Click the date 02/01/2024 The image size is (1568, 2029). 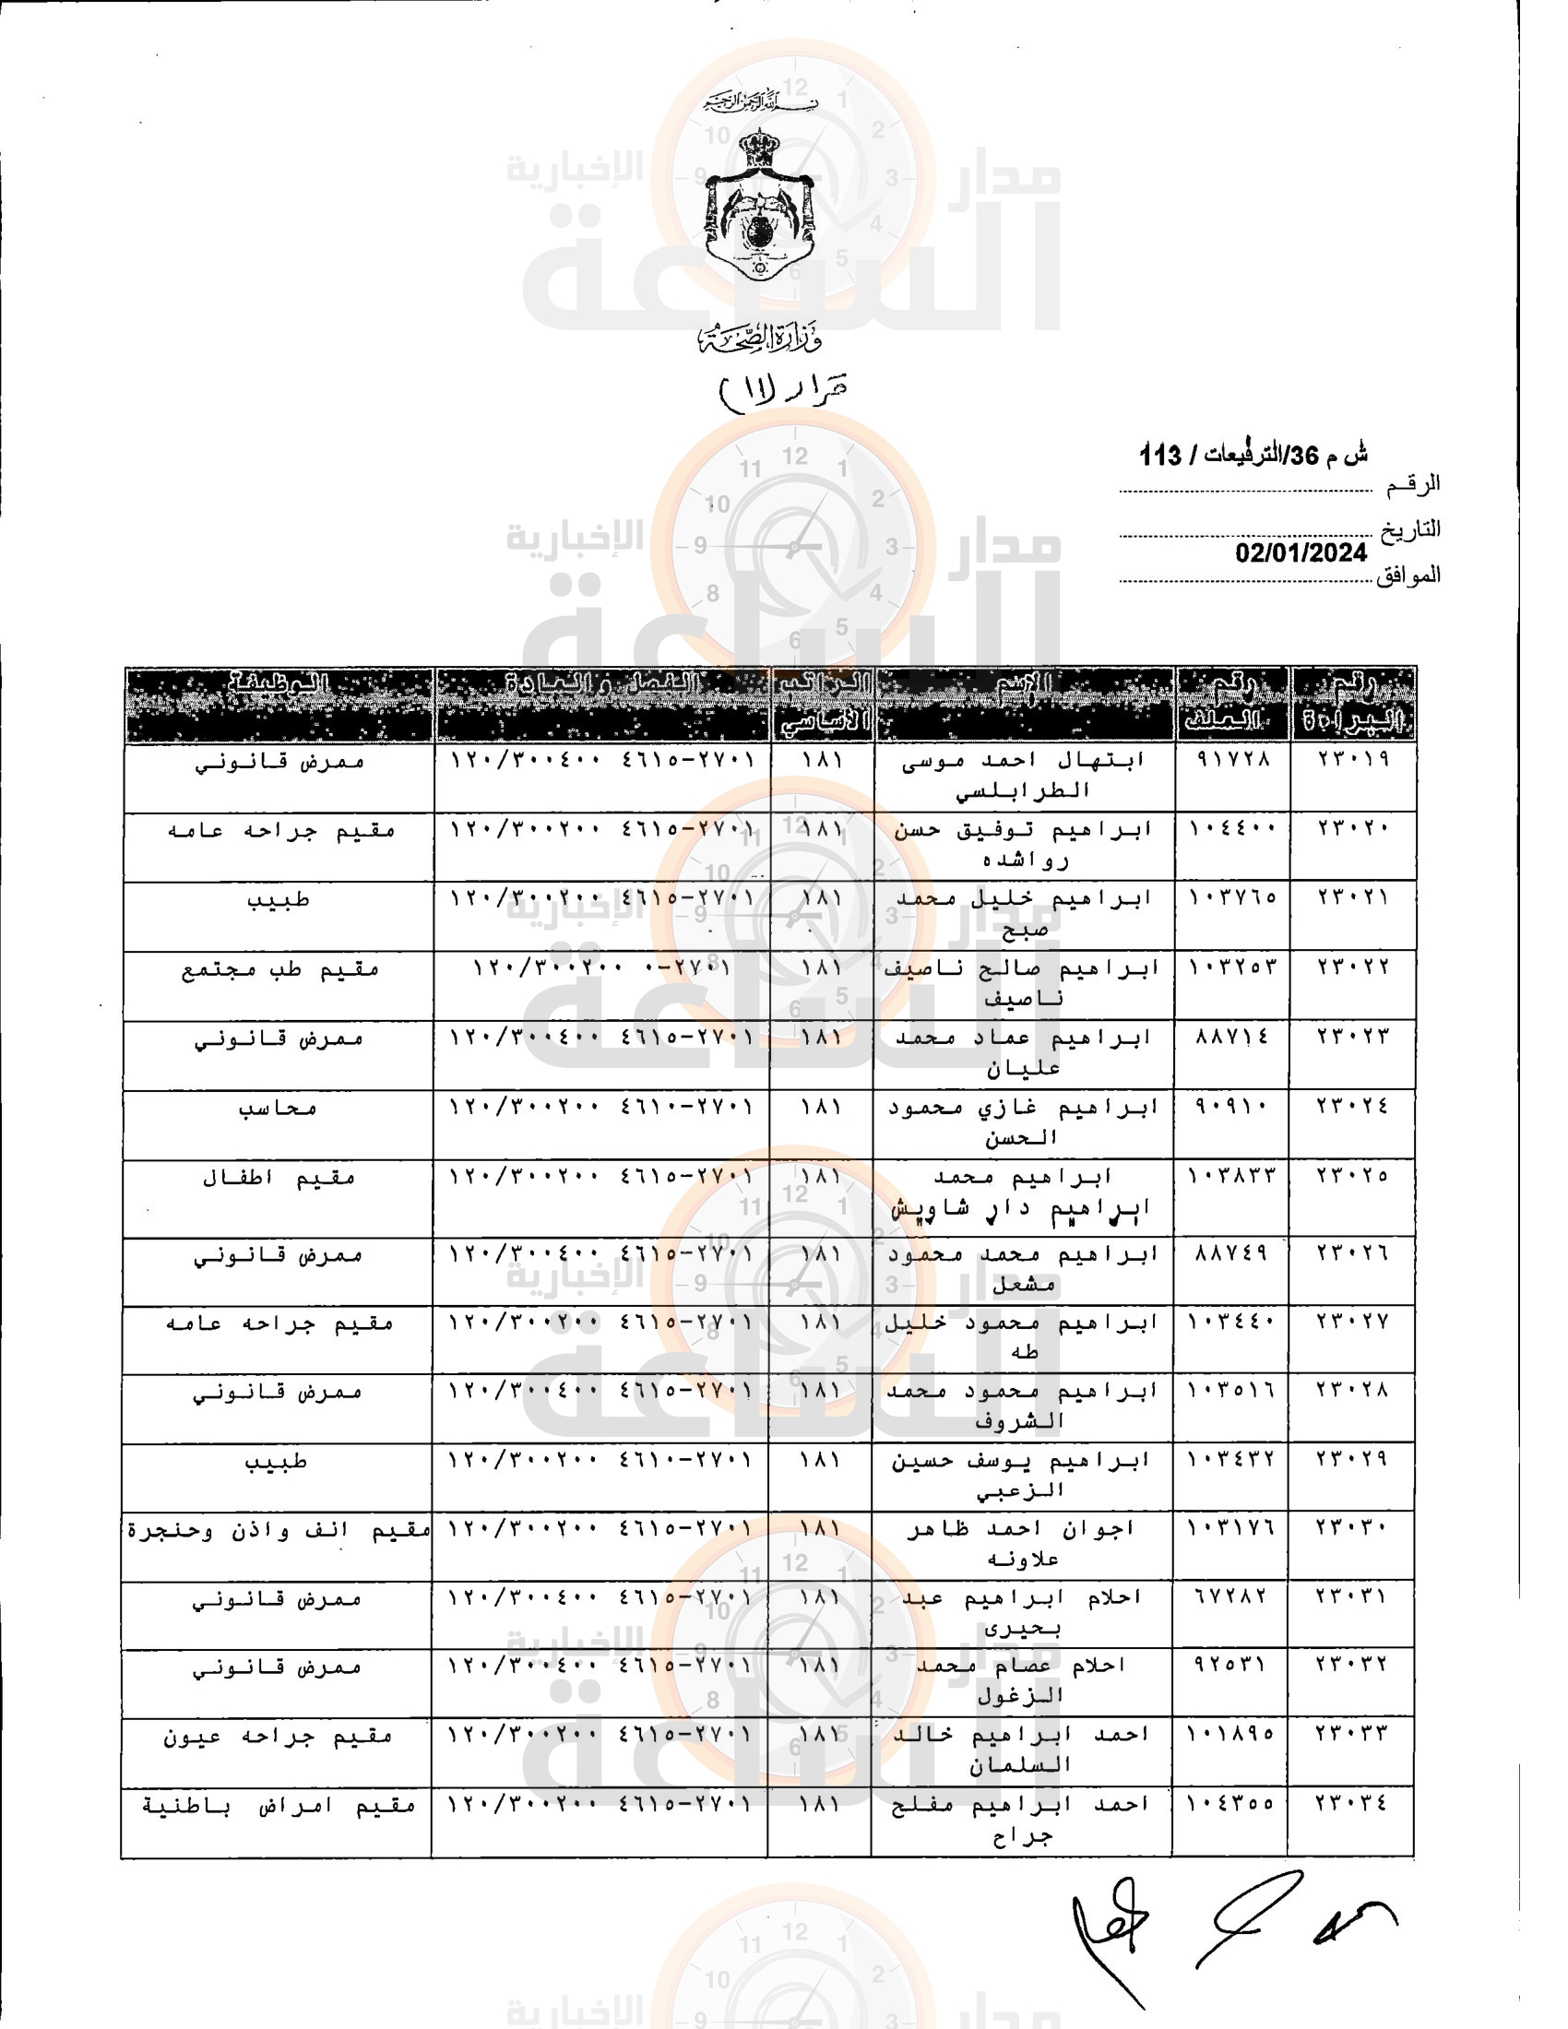(1301, 552)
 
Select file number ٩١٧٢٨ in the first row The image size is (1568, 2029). (1231, 759)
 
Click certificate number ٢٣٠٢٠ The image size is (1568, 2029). (1352, 828)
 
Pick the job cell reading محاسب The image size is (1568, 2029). (278, 1108)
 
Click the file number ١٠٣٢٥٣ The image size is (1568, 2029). (1231, 967)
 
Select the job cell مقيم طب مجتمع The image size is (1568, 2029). (279, 970)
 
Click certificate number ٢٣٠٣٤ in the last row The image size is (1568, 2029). (1351, 1803)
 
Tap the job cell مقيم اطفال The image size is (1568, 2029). (279, 1178)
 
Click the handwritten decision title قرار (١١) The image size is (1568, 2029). (783, 389)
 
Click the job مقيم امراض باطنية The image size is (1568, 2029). (278, 1805)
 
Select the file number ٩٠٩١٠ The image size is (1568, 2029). (1231, 1107)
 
